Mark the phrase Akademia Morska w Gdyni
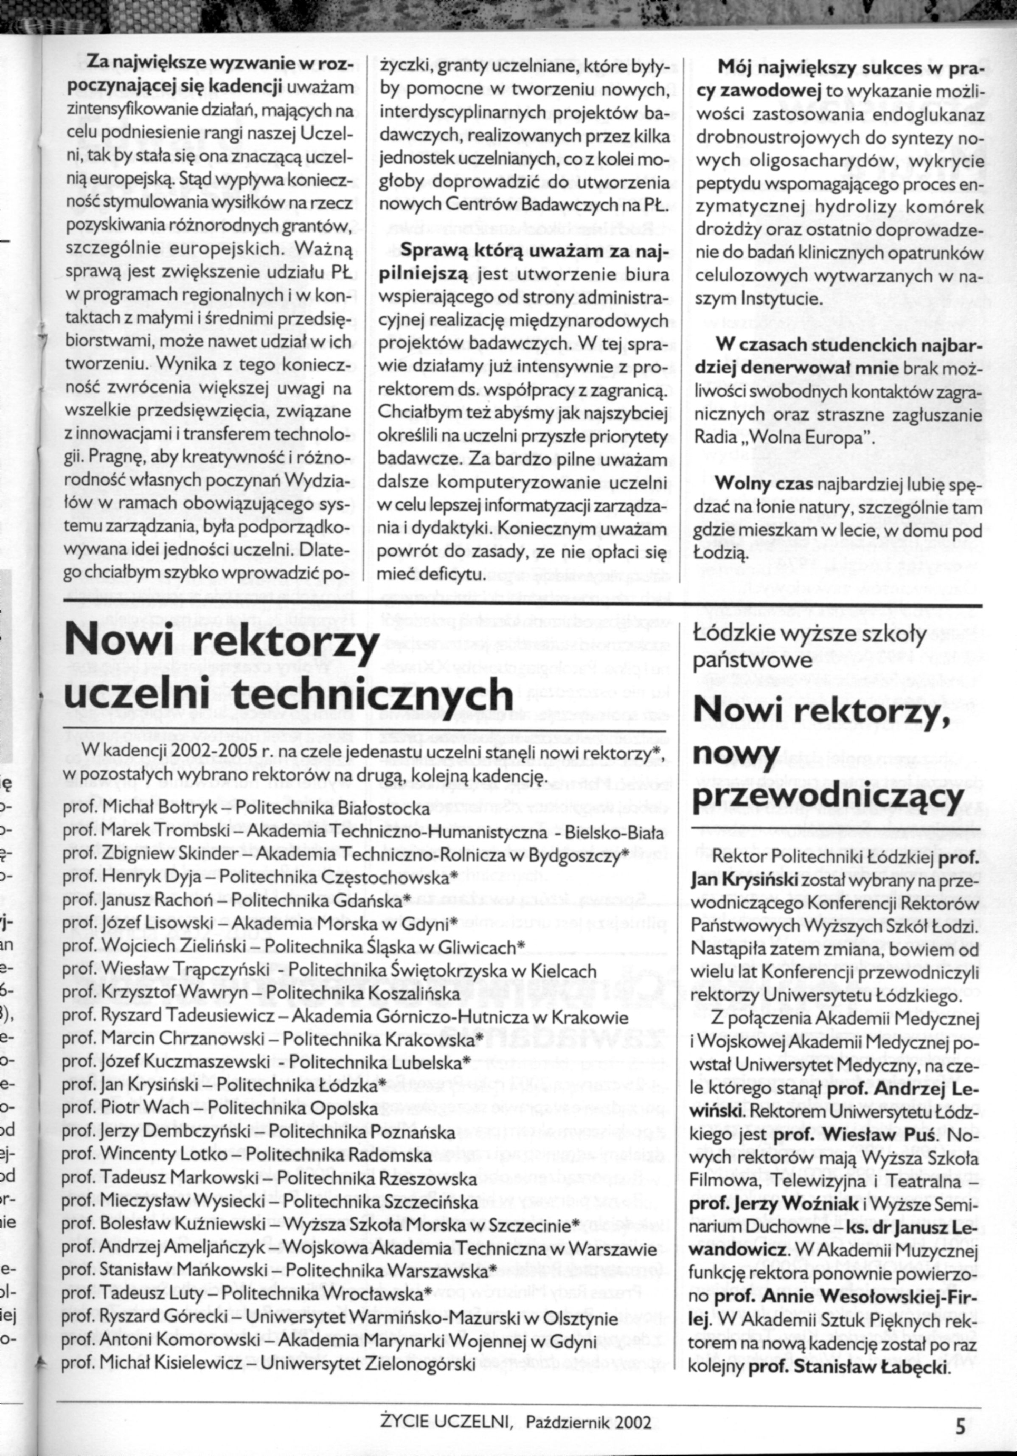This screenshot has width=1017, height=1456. pos(340,923)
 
